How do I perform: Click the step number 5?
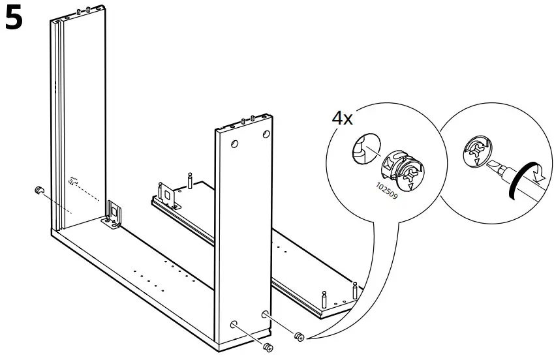pyautogui.click(x=14, y=19)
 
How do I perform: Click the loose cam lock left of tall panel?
pyautogui.click(x=38, y=190)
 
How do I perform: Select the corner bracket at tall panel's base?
pyautogui.click(x=114, y=216)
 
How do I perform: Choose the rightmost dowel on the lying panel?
pyautogui.click(x=354, y=290)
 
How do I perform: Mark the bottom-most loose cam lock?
pyautogui.click(x=268, y=346)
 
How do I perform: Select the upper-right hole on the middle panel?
pyautogui.click(x=266, y=134)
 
